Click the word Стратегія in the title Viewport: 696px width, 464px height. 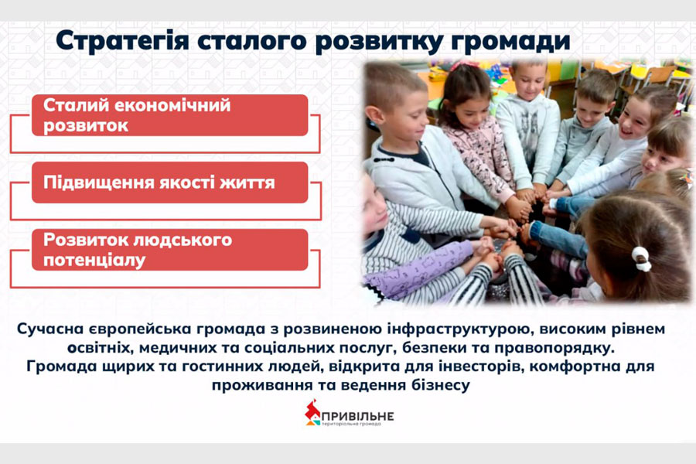click(122, 41)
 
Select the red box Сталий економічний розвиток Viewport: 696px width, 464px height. click(169, 115)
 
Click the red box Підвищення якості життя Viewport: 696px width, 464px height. click(169, 183)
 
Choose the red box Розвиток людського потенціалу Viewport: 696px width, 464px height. click(169, 250)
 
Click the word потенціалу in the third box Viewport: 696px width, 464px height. click(94, 260)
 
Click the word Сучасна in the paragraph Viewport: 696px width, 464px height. click(50, 329)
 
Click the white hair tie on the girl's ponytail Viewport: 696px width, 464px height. click(641, 258)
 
